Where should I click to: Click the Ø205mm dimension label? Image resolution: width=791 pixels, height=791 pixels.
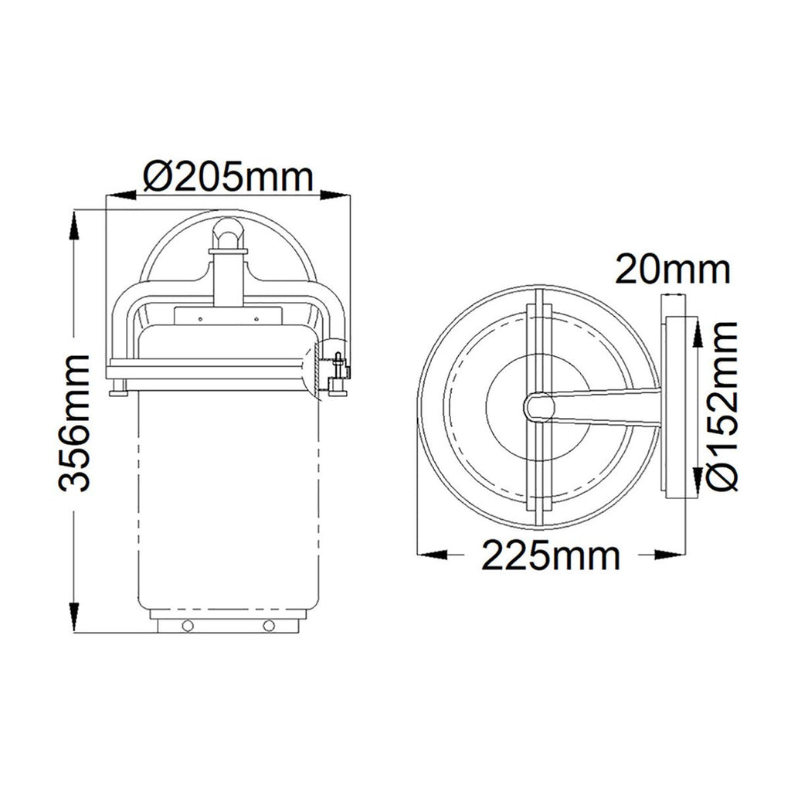click(x=229, y=176)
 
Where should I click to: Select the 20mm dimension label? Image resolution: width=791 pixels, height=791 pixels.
click(x=673, y=270)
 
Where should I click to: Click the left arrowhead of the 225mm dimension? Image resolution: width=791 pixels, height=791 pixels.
click(x=433, y=555)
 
